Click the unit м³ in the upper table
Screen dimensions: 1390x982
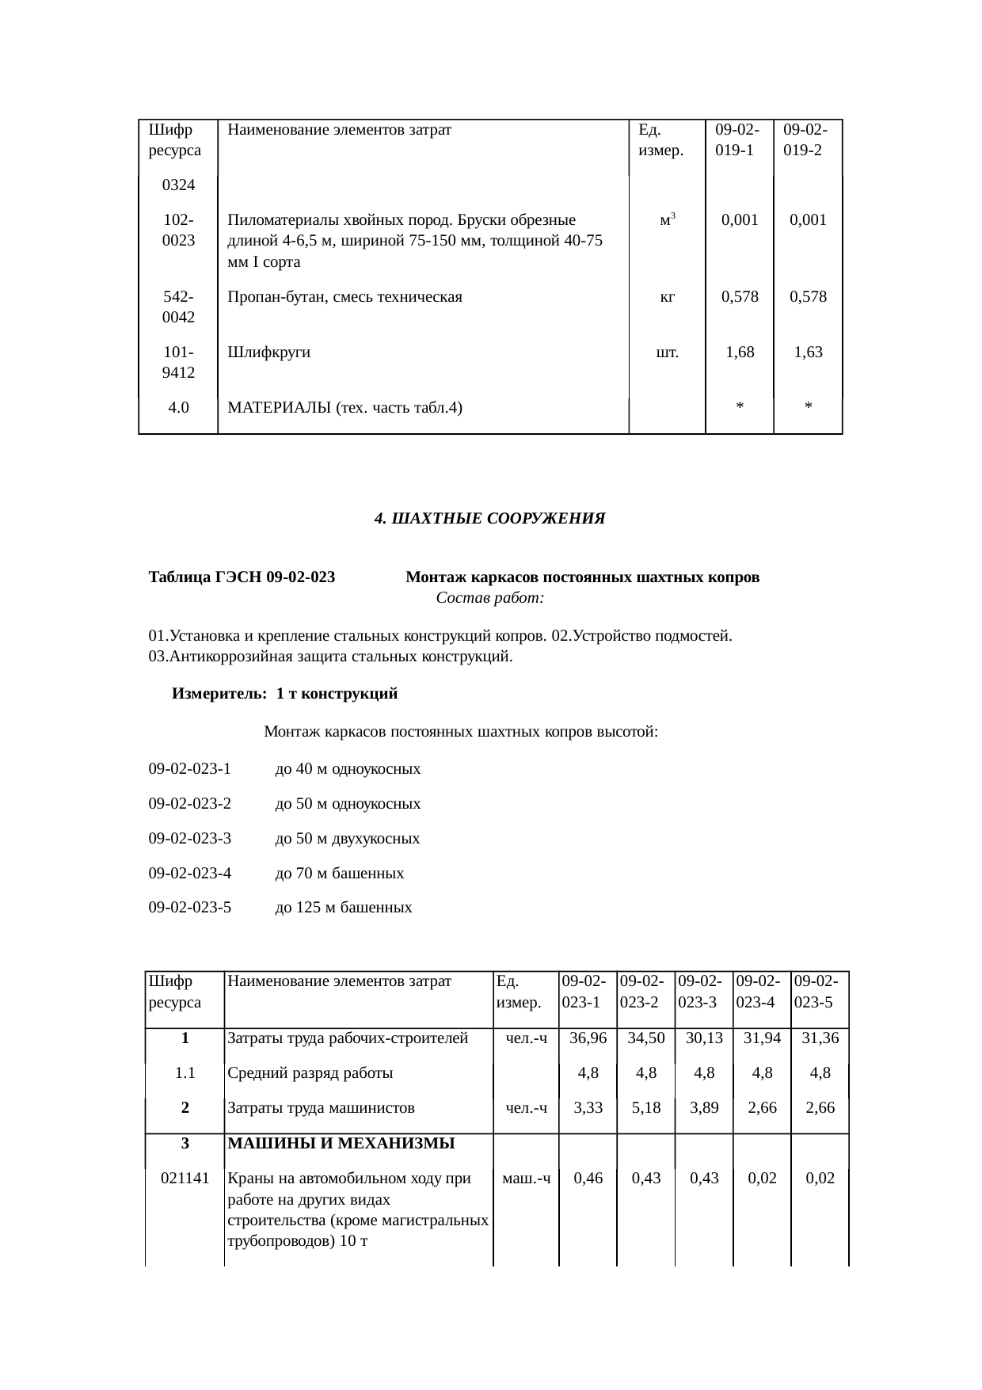click(667, 220)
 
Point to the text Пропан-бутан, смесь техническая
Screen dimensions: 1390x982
click(344, 298)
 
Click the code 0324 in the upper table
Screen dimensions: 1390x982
click(178, 185)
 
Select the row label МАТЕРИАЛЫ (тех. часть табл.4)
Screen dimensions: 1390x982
click(344, 409)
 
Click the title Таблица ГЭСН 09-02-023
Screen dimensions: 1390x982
click(242, 577)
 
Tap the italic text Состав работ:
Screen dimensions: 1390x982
click(489, 598)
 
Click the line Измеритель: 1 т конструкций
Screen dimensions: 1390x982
click(285, 695)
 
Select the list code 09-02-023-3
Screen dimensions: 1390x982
click(189, 839)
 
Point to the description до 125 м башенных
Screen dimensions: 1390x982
click(343, 908)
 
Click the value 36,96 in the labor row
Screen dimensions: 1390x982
click(588, 1038)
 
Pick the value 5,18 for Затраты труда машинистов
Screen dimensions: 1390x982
click(645, 1108)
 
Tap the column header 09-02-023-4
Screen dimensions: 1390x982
click(761, 992)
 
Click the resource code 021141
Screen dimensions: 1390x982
click(185, 1179)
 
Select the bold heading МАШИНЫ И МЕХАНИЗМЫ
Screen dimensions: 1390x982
click(341, 1144)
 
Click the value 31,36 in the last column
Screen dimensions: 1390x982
click(820, 1038)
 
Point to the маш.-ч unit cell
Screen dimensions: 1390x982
click(526, 1179)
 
